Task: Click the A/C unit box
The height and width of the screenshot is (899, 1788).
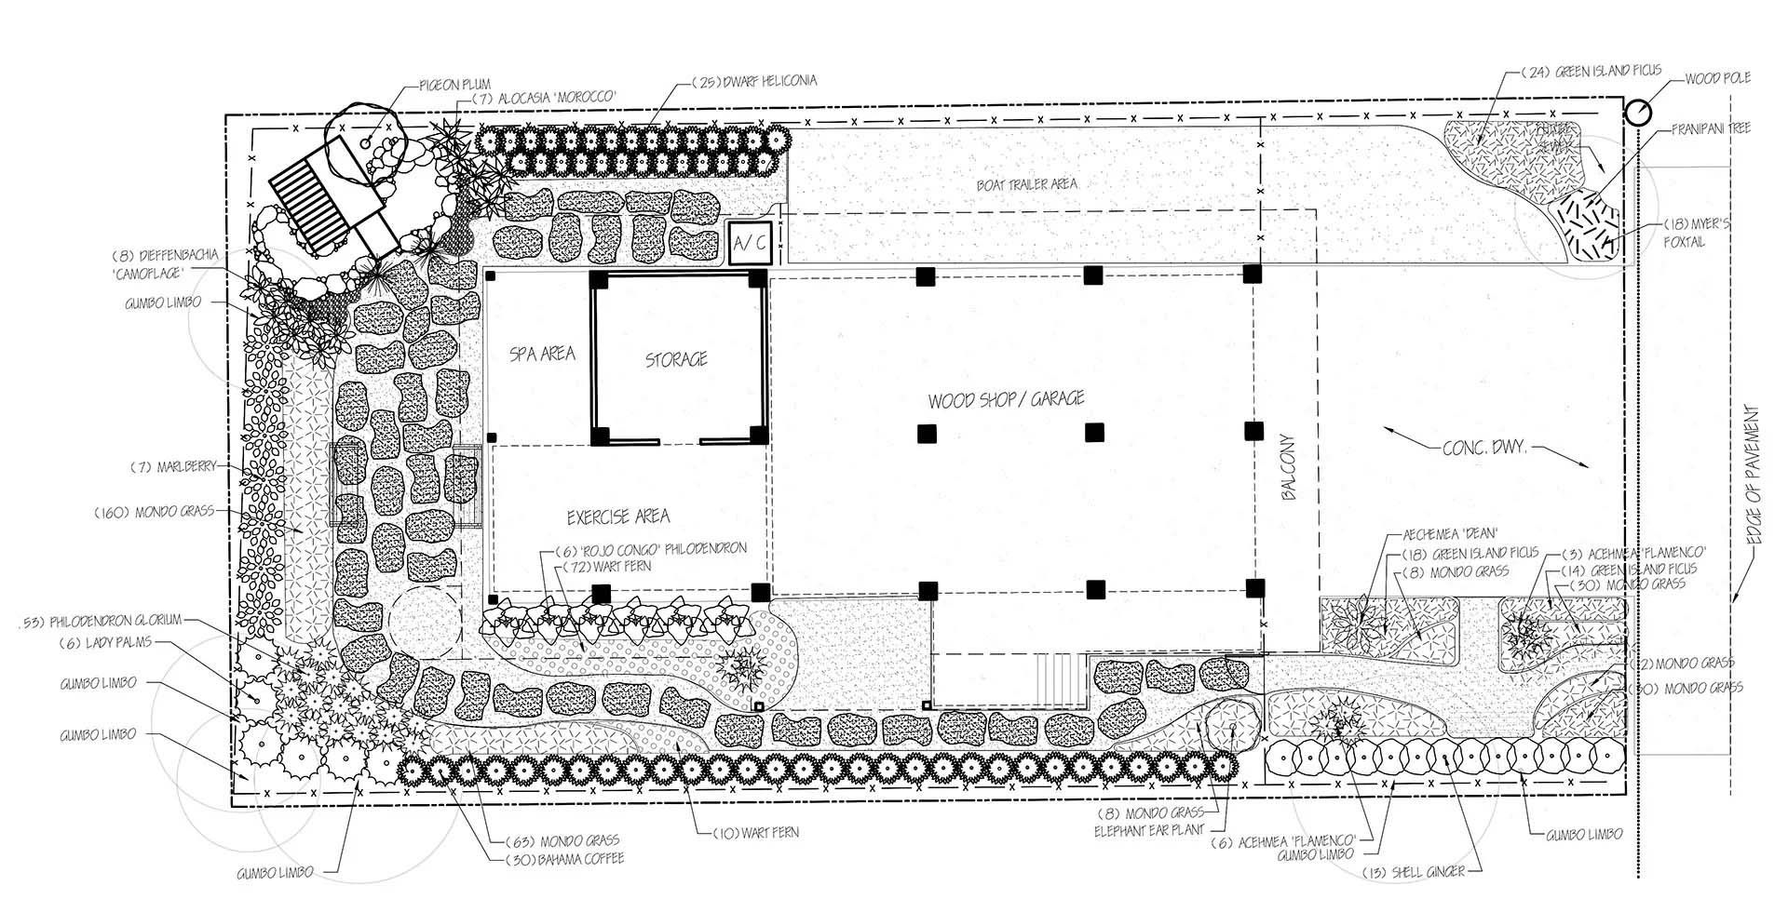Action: (750, 244)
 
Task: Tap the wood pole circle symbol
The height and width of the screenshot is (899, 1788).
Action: (1637, 113)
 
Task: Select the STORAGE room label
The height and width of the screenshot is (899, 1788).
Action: (676, 359)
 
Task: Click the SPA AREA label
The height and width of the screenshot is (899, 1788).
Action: (542, 354)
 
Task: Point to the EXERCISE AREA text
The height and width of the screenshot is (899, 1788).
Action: (618, 517)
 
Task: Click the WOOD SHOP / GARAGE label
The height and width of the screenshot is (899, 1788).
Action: (1006, 399)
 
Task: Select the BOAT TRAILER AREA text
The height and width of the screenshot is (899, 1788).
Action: (1026, 183)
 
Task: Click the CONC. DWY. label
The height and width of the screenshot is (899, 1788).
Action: (1484, 448)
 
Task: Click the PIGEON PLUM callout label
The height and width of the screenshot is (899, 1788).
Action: (454, 85)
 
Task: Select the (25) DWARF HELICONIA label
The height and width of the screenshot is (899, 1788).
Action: (754, 81)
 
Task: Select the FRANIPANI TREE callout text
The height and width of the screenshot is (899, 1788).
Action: (1710, 127)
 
